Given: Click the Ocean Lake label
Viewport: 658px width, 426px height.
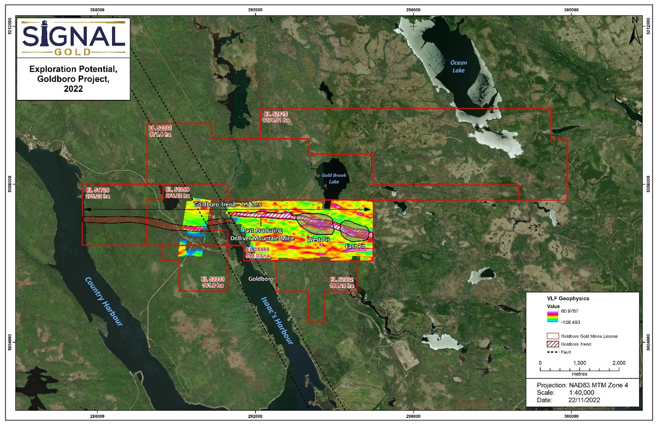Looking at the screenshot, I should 458,67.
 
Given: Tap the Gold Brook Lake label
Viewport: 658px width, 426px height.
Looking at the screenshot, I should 333,179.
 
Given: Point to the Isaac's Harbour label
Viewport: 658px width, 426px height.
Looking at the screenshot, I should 277,320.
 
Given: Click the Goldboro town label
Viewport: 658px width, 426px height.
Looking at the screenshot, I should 261,279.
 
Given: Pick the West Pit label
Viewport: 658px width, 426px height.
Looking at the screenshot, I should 318,240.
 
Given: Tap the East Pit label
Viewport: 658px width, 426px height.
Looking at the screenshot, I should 355,247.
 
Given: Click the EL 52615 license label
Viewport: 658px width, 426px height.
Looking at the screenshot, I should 276,117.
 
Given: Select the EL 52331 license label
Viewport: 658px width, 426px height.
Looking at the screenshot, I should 160,131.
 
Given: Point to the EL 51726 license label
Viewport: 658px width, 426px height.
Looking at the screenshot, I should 98,193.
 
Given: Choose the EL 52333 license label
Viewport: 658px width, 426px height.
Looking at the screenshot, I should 213,282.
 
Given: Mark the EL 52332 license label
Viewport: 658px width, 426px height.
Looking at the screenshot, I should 342,283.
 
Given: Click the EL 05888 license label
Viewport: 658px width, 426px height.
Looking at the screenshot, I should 258,252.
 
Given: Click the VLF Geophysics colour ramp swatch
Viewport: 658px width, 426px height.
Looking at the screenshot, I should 552,317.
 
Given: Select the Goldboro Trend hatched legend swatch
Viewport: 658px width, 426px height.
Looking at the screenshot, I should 552,344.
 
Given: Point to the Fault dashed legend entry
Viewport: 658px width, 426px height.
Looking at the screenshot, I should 552,352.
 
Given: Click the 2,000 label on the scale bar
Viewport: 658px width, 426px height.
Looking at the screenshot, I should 618,363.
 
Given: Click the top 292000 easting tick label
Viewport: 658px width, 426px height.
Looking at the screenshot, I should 255,10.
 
